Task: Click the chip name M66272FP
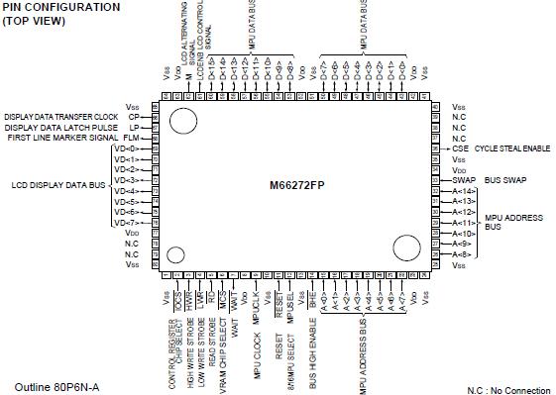click(x=297, y=184)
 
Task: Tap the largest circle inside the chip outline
click(x=181, y=120)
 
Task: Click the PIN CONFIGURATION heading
click(x=61, y=7)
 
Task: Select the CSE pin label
click(x=459, y=148)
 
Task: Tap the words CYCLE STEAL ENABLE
click(x=512, y=148)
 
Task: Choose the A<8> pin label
click(x=460, y=254)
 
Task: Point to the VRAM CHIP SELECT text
click(x=223, y=343)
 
